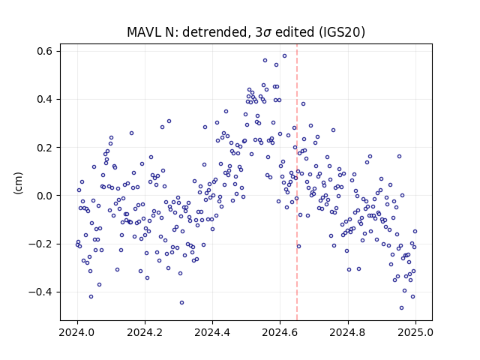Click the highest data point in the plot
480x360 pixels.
pos(284,56)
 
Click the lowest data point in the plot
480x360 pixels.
pos(402,308)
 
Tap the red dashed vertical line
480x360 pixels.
pos(297,182)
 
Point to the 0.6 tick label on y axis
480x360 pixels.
pos(44,51)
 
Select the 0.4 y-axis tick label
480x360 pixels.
pos(44,100)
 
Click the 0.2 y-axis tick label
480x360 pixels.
pos(44,148)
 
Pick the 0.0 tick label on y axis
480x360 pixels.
pos(44,196)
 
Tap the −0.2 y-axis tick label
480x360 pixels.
pos(40,244)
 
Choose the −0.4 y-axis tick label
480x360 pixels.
pos(40,292)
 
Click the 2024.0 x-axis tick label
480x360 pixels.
pos(77,332)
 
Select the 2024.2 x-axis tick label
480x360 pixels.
pos(145,332)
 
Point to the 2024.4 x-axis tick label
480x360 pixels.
pos(212,332)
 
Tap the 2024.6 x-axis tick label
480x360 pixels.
pos(280,332)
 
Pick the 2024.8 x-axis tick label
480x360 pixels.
pos(348,332)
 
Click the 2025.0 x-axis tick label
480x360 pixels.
pos(415,332)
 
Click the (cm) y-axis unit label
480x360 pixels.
pos(18,183)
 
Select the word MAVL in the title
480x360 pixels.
pos(144,32)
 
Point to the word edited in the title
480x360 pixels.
pos(295,32)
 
